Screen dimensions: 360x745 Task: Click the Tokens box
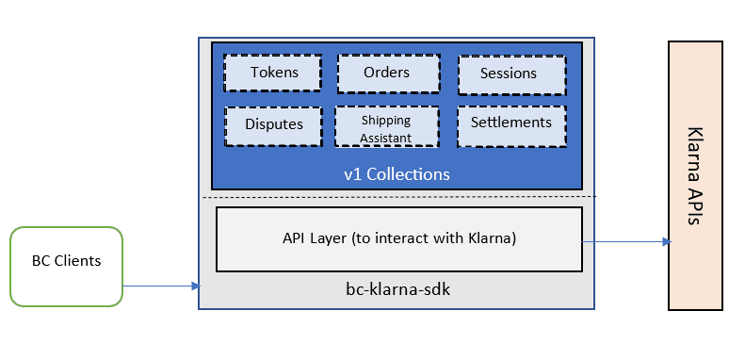pyautogui.click(x=274, y=73)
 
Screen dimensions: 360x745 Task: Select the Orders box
pyautogui.click(x=387, y=73)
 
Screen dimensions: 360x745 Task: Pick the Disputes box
pyautogui.click(x=274, y=124)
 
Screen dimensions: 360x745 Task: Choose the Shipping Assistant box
pyautogui.click(x=387, y=126)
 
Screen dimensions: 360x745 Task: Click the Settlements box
pyautogui.click(x=510, y=123)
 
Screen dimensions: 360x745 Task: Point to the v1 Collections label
pyautogui.click(x=397, y=174)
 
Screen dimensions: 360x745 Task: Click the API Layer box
pyautogui.click(x=399, y=239)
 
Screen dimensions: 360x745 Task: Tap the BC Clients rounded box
pyautogui.click(x=67, y=266)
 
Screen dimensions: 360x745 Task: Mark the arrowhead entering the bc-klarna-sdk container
pyautogui.click(x=195, y=286)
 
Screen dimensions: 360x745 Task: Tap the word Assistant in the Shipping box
pyautogui.click(x=387, y=138)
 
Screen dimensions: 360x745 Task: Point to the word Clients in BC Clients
pyautogui.click(x=77, y=261)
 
